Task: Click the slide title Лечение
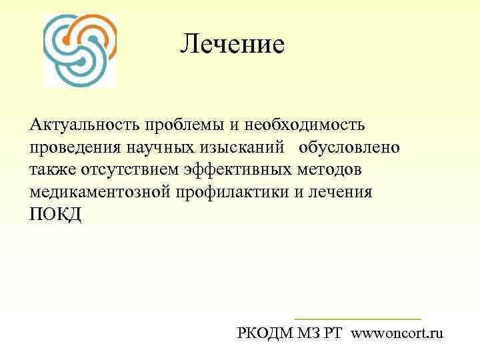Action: click(x=232, y=45)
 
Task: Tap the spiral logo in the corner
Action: click(x=79, y=50)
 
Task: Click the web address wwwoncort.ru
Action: click(x=397, y=333)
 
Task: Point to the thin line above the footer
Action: click(x=358, y=319)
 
